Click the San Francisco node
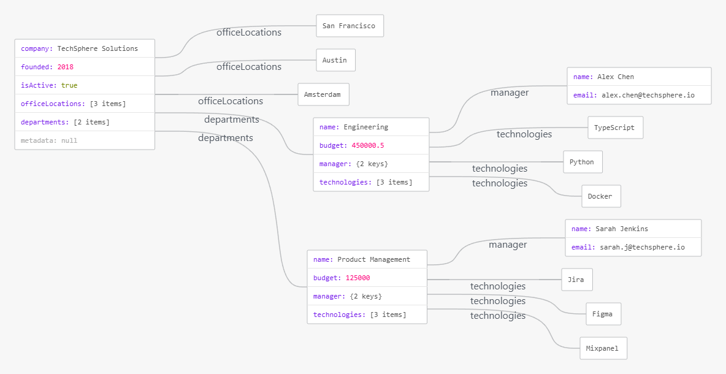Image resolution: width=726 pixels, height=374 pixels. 350,26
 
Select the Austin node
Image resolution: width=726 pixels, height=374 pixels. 335,60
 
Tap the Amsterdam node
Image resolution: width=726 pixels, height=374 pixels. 323,94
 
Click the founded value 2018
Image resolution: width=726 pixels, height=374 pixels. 65,67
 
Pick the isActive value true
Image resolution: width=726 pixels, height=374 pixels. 69,85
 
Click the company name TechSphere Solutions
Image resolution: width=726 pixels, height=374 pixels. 97,48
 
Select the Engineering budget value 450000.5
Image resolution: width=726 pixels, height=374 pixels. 368,145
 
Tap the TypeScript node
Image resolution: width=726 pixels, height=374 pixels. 616,128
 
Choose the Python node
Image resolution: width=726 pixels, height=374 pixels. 583,162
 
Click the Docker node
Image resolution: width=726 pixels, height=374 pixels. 601,196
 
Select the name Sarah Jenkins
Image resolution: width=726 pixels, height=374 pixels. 622,229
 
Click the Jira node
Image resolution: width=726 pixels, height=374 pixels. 577,280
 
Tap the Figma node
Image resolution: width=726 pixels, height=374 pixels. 603,314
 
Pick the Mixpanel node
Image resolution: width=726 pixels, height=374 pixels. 603,348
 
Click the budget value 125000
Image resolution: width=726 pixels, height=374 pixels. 357,278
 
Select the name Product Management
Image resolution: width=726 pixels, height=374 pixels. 373,260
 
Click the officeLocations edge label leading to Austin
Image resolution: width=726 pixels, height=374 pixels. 249,67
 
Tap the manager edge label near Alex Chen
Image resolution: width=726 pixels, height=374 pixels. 510,93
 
